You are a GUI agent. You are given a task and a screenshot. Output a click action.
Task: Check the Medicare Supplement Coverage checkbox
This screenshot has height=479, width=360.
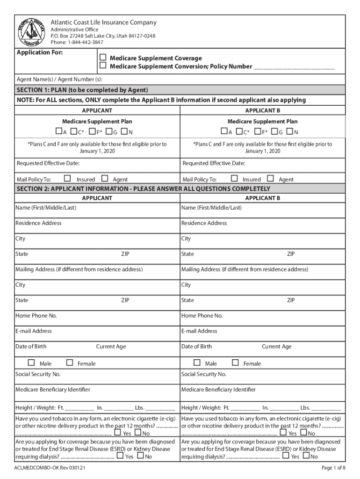[103, 58]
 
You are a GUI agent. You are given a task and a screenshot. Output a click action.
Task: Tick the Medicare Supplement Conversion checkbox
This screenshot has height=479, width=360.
[103, 66]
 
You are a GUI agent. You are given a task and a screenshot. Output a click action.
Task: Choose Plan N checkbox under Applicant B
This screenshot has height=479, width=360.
[290, 131]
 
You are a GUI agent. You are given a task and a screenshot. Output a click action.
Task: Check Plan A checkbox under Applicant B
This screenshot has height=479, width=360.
[224, 131]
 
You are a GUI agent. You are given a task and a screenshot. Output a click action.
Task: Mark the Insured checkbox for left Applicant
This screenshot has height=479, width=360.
[67, 178]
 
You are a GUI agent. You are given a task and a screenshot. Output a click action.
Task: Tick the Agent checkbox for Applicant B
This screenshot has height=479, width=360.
[270, 178]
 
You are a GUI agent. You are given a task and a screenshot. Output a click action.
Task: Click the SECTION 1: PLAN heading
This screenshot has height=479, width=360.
[82, 90]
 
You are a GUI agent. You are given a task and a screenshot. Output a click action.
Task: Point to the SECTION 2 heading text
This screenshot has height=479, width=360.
[143, 189]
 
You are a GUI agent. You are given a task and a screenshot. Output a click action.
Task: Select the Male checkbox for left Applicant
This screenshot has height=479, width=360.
[31, 363]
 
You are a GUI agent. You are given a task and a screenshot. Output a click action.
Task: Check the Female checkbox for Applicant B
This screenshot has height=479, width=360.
[235, 363]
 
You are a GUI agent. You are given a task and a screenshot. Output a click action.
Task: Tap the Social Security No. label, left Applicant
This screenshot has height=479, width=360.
[38, 374]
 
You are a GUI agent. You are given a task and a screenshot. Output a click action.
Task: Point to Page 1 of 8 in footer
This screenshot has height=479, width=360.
[333, 468]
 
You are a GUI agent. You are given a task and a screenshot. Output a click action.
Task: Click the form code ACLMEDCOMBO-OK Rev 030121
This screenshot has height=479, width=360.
[50, 468]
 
